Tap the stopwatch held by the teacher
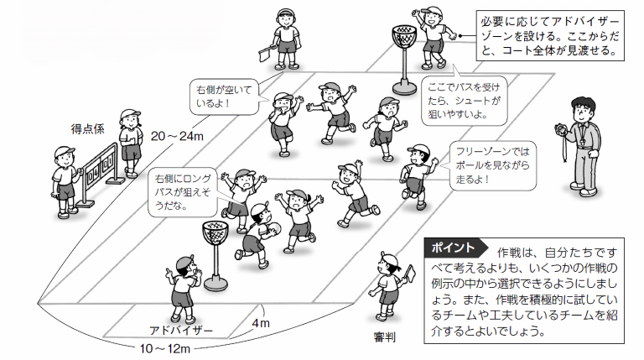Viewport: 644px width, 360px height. tap(556, 128)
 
